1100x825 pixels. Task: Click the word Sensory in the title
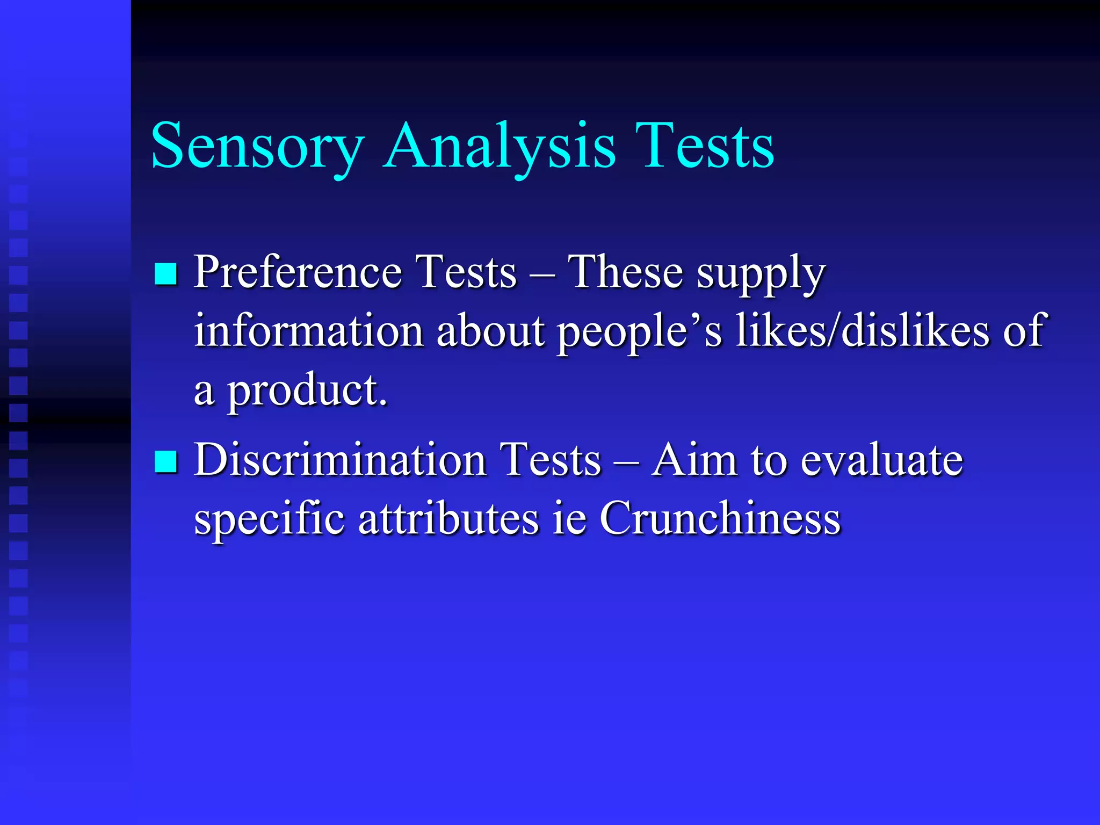[258, 146]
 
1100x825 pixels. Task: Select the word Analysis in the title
[500, 146]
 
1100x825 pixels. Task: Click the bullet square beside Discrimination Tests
[165, 461]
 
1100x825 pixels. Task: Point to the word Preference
[298, 272]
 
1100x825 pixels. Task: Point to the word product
[307, 392]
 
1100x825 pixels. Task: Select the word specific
[269, 520]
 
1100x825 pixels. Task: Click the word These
[625, 272]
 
